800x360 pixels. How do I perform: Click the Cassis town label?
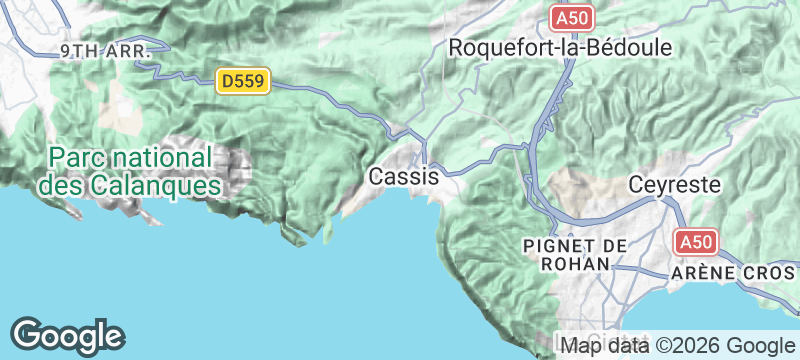[x=404, y=176]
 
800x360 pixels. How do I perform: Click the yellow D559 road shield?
[x=244, y=81]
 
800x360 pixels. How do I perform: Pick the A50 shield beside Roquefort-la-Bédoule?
[x=572, y=18]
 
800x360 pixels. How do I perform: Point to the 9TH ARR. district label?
[x=105, y=49]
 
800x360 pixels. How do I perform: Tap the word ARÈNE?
[x=701, y=272]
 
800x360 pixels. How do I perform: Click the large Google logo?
[x=67, y=335]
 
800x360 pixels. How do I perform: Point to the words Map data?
[x=600, y=346]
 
